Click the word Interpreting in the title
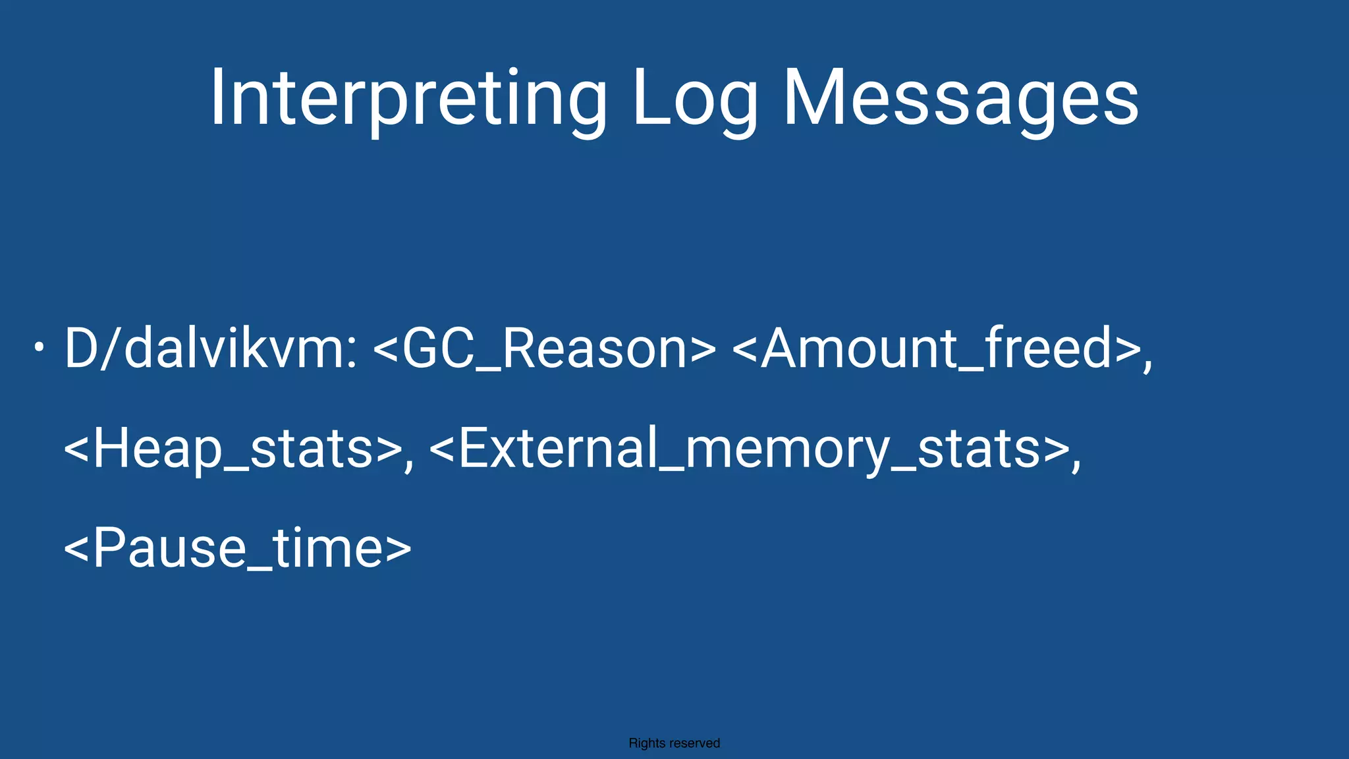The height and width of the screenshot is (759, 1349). pos(408,99)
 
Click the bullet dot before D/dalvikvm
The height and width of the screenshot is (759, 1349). pos(40,347)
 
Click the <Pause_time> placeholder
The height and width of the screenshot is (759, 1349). pos(237,548)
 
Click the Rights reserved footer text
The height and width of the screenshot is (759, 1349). pos(674,743)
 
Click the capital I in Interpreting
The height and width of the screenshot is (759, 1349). pos(219,99)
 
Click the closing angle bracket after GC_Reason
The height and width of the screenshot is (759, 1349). pos(703,349)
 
